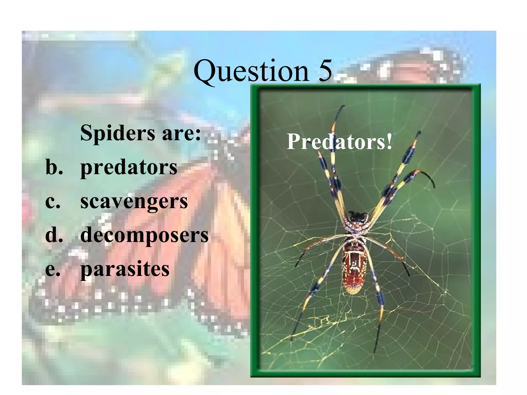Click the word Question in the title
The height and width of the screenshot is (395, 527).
coord(251,71)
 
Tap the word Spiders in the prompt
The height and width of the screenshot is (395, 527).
coord(118,133)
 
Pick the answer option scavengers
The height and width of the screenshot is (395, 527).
coord(134,202)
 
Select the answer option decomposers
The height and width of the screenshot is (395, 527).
coord(144,235)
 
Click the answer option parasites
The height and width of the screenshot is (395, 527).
coord(125,269)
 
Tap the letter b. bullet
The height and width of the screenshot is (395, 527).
coord(54,167)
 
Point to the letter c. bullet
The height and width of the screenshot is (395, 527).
coord(53,202)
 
